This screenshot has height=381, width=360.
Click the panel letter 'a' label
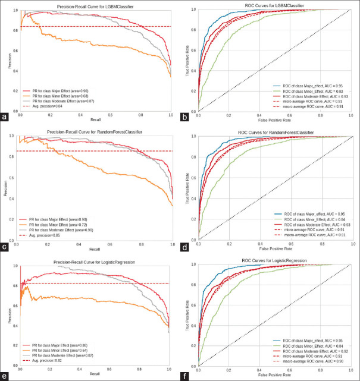6,117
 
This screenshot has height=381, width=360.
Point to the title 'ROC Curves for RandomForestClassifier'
275,132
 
